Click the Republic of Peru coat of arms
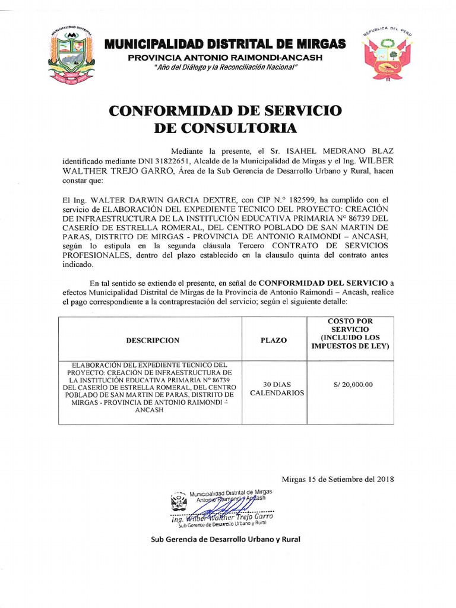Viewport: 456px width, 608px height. [x=387, y=54]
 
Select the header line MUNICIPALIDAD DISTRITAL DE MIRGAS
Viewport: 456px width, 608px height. [x=224, y=44]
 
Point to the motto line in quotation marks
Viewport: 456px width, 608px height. [x=225, y=68]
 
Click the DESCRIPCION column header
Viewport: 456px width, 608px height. [x=152, y=341]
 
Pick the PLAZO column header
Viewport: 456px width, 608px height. [x=274, y=341]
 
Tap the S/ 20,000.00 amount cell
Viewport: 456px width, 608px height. [x=350, y=384]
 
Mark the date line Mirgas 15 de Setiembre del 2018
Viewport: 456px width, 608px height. [x=337, y=479]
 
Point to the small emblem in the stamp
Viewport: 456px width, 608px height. [x=178, y=501]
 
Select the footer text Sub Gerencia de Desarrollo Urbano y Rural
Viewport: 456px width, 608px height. [x=226, y=539]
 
